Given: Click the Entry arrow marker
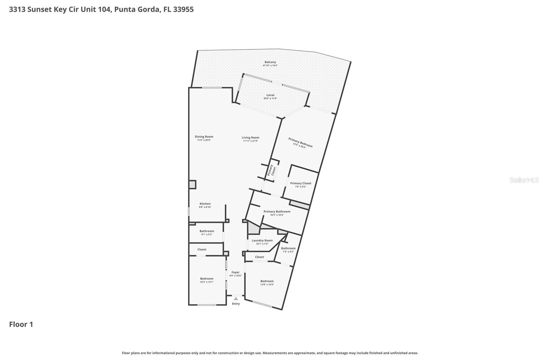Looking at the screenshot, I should click(x=236, y=299).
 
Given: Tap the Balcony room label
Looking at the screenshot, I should click(x=270, y=62).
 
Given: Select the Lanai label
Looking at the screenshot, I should click(x=270, y=95).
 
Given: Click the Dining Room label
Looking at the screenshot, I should click(x=204, y=137).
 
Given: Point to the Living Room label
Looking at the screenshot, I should click(x=250, y=137).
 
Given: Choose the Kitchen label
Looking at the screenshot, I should click(x=205, y=204).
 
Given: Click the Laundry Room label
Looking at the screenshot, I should click(x=262, y=240).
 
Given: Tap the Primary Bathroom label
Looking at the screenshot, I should click(x=277, y=211).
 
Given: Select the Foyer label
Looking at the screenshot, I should click(x=235, y=272).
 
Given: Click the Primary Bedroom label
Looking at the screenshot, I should click(x=300, y=142).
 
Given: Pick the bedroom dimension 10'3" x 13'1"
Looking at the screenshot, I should click(x=207, y=282).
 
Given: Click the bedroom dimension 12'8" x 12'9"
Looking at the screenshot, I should click(x=267, y=284).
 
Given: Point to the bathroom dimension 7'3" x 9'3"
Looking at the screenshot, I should click(x=288, y=252).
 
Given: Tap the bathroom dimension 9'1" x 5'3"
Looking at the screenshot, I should click(x=207, y=234).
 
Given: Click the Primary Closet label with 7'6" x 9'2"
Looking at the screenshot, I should click(x=301, y=183).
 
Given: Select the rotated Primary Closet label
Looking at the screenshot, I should click(x=272, y=170).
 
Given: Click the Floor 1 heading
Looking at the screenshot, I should click(x=21, y=325).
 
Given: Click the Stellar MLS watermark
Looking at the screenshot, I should click(x=524, y=180).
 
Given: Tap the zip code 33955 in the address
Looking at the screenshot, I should click(x=183, y=9).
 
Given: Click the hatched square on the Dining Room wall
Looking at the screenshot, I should click(x=192, y=185).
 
